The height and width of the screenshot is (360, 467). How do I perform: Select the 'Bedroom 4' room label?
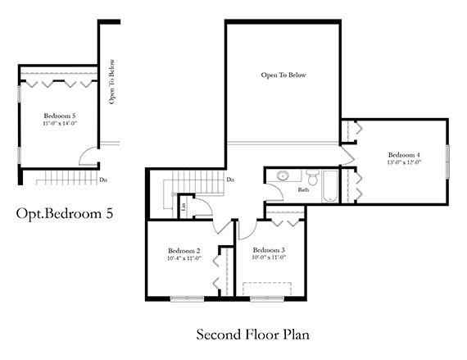pos(404,155)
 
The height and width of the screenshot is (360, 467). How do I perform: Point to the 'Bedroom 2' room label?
pos(184,250)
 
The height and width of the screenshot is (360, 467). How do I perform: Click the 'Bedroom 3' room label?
pos(269,250)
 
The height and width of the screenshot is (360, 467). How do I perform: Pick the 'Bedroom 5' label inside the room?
pos(59,116)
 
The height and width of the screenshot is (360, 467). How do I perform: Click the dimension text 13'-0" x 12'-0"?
pos(404,162)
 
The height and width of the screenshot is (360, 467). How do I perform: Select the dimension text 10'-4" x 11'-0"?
pos(184,258)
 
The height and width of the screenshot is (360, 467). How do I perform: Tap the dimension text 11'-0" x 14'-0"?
pos(59,124)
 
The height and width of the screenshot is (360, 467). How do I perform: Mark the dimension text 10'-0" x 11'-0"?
pos(269,258)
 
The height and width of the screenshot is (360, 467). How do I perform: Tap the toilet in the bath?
pos(312,178)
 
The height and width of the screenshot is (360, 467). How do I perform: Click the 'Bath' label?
pos(303,190)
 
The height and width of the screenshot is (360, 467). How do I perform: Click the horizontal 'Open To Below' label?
pos(283,75)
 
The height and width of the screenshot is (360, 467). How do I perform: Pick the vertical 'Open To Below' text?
pos(111,81)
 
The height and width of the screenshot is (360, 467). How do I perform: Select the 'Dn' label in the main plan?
pos(230,180)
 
